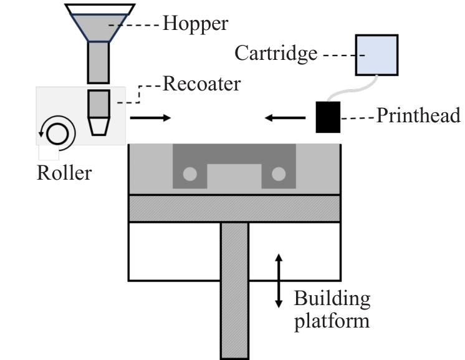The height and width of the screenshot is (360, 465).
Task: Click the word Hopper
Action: tap(195, 24)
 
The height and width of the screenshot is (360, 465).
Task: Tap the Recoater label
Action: tap(201, 84)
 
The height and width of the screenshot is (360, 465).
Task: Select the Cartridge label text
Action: tap(276, 54)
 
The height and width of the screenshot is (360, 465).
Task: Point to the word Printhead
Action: tap(418, 116)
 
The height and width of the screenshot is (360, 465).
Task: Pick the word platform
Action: tap(332, 321)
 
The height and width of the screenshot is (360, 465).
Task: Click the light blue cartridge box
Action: tap(376, 55)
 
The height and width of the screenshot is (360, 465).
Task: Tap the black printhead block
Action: tap(327, 116)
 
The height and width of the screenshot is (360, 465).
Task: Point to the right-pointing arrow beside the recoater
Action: tap(150, 117)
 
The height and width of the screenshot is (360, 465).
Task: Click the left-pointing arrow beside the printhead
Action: tap(284, 117)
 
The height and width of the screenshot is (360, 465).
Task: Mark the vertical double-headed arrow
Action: tap(279, 280)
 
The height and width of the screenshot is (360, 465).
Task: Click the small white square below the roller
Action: tap(49, 152)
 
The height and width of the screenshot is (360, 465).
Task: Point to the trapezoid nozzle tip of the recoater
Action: tap(98, 127)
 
